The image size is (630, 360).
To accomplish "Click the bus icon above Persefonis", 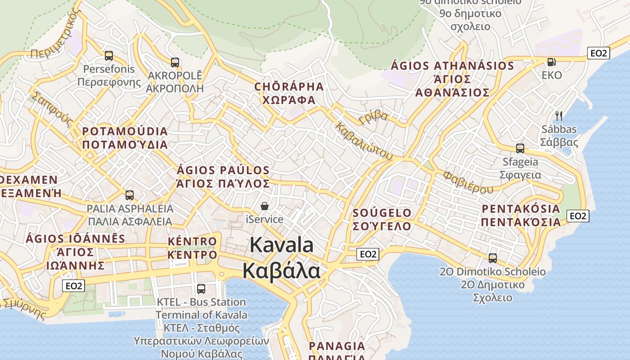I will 108,56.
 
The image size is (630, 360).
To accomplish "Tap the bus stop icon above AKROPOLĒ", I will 175,63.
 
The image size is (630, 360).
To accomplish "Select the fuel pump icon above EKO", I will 551,62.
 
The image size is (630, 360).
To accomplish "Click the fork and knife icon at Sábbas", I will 559,116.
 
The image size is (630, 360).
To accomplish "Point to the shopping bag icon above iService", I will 265,206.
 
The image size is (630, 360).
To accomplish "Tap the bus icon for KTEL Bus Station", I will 201,288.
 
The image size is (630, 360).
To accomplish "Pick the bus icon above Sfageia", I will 520,148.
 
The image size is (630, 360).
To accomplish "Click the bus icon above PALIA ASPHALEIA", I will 130,195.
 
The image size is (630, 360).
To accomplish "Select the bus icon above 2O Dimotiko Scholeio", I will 493,258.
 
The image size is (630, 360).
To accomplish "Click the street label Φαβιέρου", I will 468,182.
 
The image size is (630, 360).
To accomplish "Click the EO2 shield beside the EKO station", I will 598,53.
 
